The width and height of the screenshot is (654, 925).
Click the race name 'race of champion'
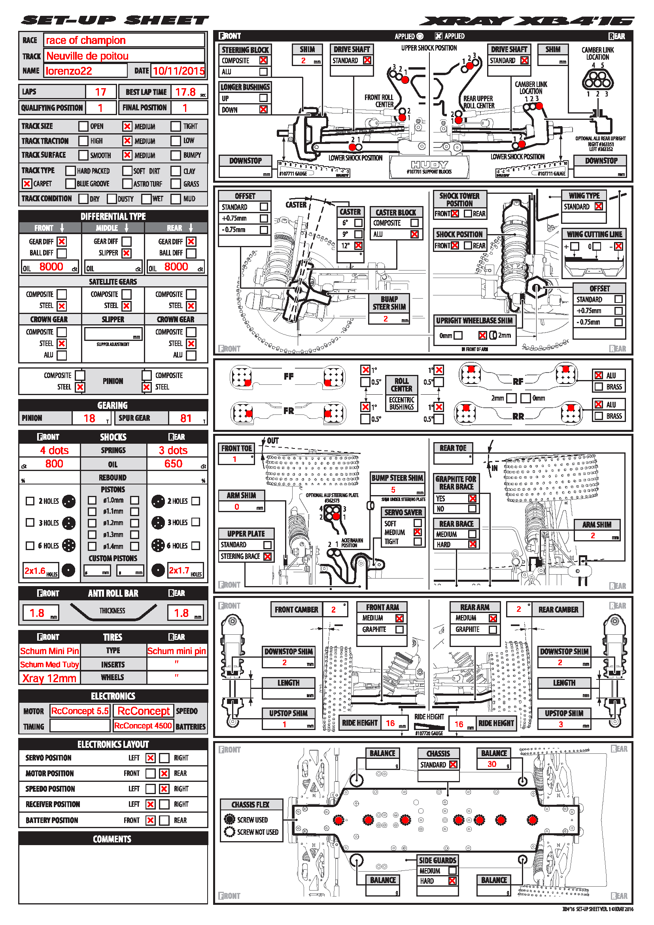coord(85,40)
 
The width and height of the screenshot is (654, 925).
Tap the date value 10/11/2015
coord(179,71)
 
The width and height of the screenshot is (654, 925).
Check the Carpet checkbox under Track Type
coord(27,184)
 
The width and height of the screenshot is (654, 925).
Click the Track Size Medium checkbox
coord(127,127)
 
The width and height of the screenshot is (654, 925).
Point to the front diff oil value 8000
coord(51,267)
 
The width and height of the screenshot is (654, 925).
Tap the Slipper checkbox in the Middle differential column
coord(127,253)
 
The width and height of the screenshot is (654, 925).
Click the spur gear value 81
coord(186,418)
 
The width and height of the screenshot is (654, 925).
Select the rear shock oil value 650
coord(173,464)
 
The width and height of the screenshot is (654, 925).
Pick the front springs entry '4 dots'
coord(54,450)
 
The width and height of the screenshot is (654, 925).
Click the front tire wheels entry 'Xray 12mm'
coord(49,679)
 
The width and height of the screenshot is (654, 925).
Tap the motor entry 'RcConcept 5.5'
coord(80,711)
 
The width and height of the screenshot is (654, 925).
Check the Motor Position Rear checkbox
coord(164,774)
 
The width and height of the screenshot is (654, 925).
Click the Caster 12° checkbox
coord(358,245)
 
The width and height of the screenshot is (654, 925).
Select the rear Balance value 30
coord(492,764)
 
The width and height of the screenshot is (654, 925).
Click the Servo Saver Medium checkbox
coord(418,532)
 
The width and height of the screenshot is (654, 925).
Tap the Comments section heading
coord(112,839)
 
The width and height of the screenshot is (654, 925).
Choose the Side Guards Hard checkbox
coord(452,881)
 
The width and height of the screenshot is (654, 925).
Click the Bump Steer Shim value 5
coord(393,490)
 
